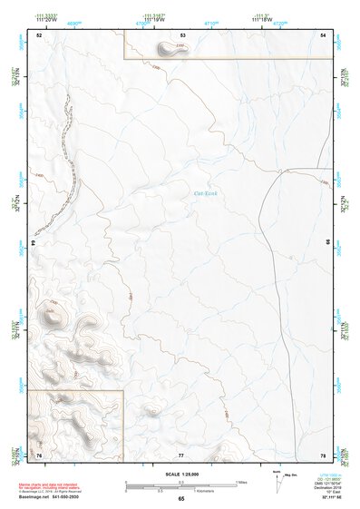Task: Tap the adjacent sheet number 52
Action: [39, 34]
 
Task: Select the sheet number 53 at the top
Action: [182, 34]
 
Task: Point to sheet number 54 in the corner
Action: [324, 34]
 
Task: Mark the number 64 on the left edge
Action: [33, 243]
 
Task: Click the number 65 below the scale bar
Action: [181, 500]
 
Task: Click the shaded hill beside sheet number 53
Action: [170, 48]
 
